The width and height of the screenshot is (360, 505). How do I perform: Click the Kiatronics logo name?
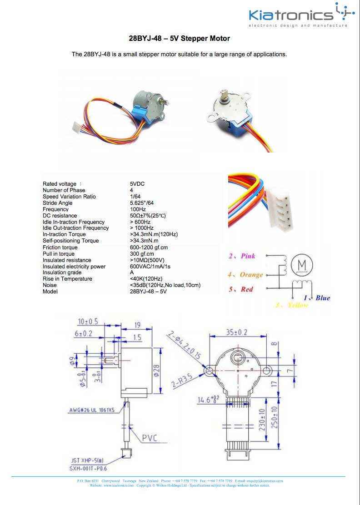(291, 16)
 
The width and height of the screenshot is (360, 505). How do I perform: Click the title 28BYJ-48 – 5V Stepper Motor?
(180, 39)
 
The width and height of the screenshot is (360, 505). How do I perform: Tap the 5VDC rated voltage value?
(137, 184)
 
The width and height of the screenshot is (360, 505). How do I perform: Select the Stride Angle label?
(57, 203)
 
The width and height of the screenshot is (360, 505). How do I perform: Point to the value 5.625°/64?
(141, 203)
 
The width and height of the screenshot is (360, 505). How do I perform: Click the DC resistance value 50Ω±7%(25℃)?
(148, 216)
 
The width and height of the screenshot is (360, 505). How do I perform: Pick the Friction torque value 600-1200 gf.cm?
(149, 248)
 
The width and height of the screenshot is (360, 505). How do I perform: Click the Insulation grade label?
(62, 272)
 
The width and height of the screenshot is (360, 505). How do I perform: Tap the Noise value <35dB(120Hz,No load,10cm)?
(165, 285)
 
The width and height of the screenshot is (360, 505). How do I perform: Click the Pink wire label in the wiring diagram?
(248, 257)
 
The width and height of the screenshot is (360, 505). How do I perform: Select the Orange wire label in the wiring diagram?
(251, 275)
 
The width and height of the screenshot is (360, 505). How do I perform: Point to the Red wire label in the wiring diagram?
(247, 289)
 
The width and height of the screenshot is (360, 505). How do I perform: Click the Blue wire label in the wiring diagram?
(322, 298)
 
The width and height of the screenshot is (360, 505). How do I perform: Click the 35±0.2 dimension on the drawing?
(237, 332)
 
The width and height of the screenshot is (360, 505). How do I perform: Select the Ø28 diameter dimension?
(155, 371)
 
